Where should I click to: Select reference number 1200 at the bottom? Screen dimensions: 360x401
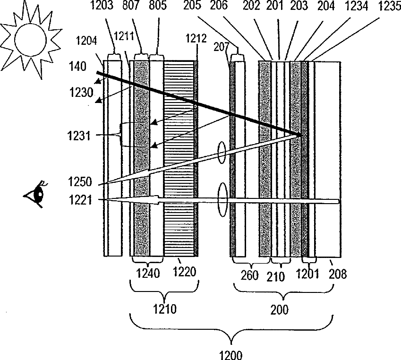(232, 353)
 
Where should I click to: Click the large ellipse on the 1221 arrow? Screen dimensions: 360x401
(223, 200)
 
